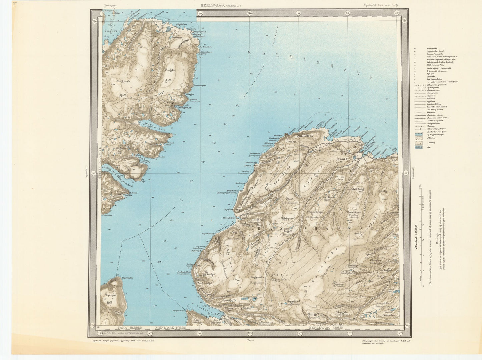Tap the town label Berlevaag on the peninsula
point(349,153)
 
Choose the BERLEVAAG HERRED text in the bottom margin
point(325,328)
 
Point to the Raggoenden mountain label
point(256,277)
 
